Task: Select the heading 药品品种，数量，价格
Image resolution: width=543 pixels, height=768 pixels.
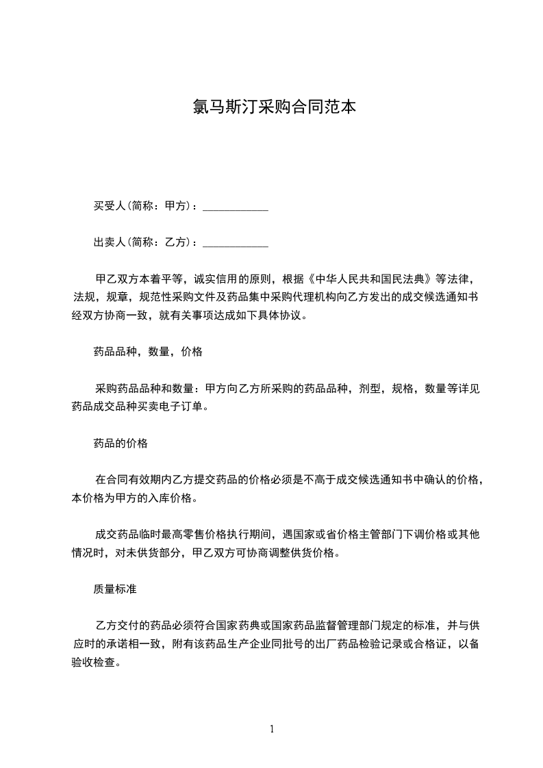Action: [148, 352]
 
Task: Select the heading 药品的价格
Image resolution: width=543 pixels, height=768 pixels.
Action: [121, 443]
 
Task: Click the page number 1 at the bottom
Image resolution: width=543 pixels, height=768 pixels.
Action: [272, 729]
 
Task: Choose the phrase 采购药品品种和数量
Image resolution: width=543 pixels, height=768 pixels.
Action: [144, 388]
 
